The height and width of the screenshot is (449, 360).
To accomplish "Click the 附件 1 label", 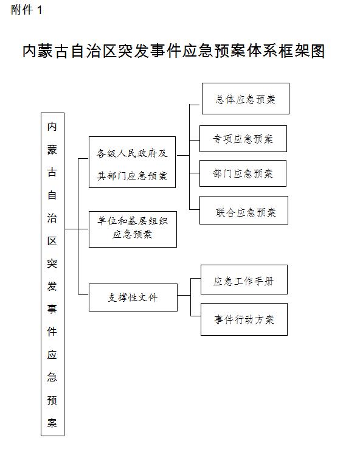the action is coord(27,10).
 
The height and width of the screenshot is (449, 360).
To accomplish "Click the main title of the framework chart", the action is coord(174,51).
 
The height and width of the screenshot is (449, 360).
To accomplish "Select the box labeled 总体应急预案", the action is coord(246,99).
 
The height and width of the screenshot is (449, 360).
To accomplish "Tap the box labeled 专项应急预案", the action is coord(243,139).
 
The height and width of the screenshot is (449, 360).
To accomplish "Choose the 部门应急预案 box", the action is coord(243,173).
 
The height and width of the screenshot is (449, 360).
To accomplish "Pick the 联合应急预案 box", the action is coord(243,210).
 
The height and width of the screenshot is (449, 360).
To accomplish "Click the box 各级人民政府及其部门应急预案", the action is coord(132,162).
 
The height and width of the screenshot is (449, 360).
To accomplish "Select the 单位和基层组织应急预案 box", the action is coord(133,229).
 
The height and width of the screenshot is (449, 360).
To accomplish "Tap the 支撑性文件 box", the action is coord(133,298).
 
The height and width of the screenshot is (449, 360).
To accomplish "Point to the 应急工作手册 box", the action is coord(244,279).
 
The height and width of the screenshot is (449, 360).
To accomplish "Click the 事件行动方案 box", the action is coord(244,319).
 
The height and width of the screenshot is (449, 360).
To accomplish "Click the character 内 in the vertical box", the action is coord(52,127).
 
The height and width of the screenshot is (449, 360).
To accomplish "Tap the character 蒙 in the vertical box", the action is coord(52,150).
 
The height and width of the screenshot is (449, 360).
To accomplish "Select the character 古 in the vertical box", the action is coord(52,172).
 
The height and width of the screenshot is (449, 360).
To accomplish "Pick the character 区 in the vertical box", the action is coord(52,241).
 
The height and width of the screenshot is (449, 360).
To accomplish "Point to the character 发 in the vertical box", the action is coord(52,286).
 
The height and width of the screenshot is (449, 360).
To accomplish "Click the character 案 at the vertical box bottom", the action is coord(52,423).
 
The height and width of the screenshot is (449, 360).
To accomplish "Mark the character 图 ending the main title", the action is coord(317,51).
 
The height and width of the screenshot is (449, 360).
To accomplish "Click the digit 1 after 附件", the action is coord(40,10).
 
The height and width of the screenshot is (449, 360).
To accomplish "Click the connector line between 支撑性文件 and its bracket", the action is coord(184,295).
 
